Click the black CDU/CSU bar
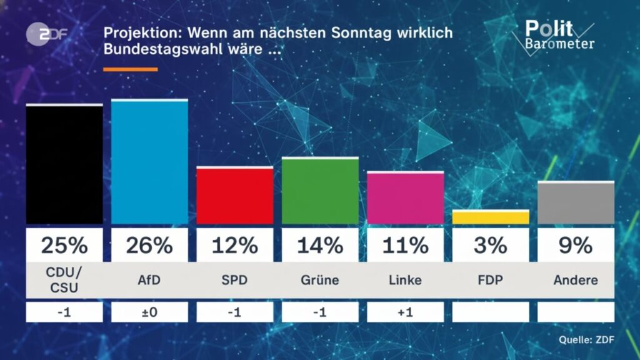(x=64, y=164)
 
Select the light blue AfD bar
(x=149, y=162)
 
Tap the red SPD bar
(x=234, y=196)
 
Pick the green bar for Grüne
(x=320, y=191)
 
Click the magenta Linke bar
(x=405, y=198)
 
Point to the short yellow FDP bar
(x=491, y=217)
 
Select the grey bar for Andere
(x=576, y=203)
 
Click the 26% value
(x=149, y=246)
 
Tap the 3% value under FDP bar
(x=491, y=246)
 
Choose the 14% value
(x=320, y=246)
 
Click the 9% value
(x=576, y=246)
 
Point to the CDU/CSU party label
(x=64, y=279)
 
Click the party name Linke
(x=405, y=280)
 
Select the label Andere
(x=576, y=280)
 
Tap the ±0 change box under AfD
(x=149, y=312)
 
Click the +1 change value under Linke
(x=405, y=312)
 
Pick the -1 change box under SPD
(x=234, y=312)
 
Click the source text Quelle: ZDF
(x=586, y=340)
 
